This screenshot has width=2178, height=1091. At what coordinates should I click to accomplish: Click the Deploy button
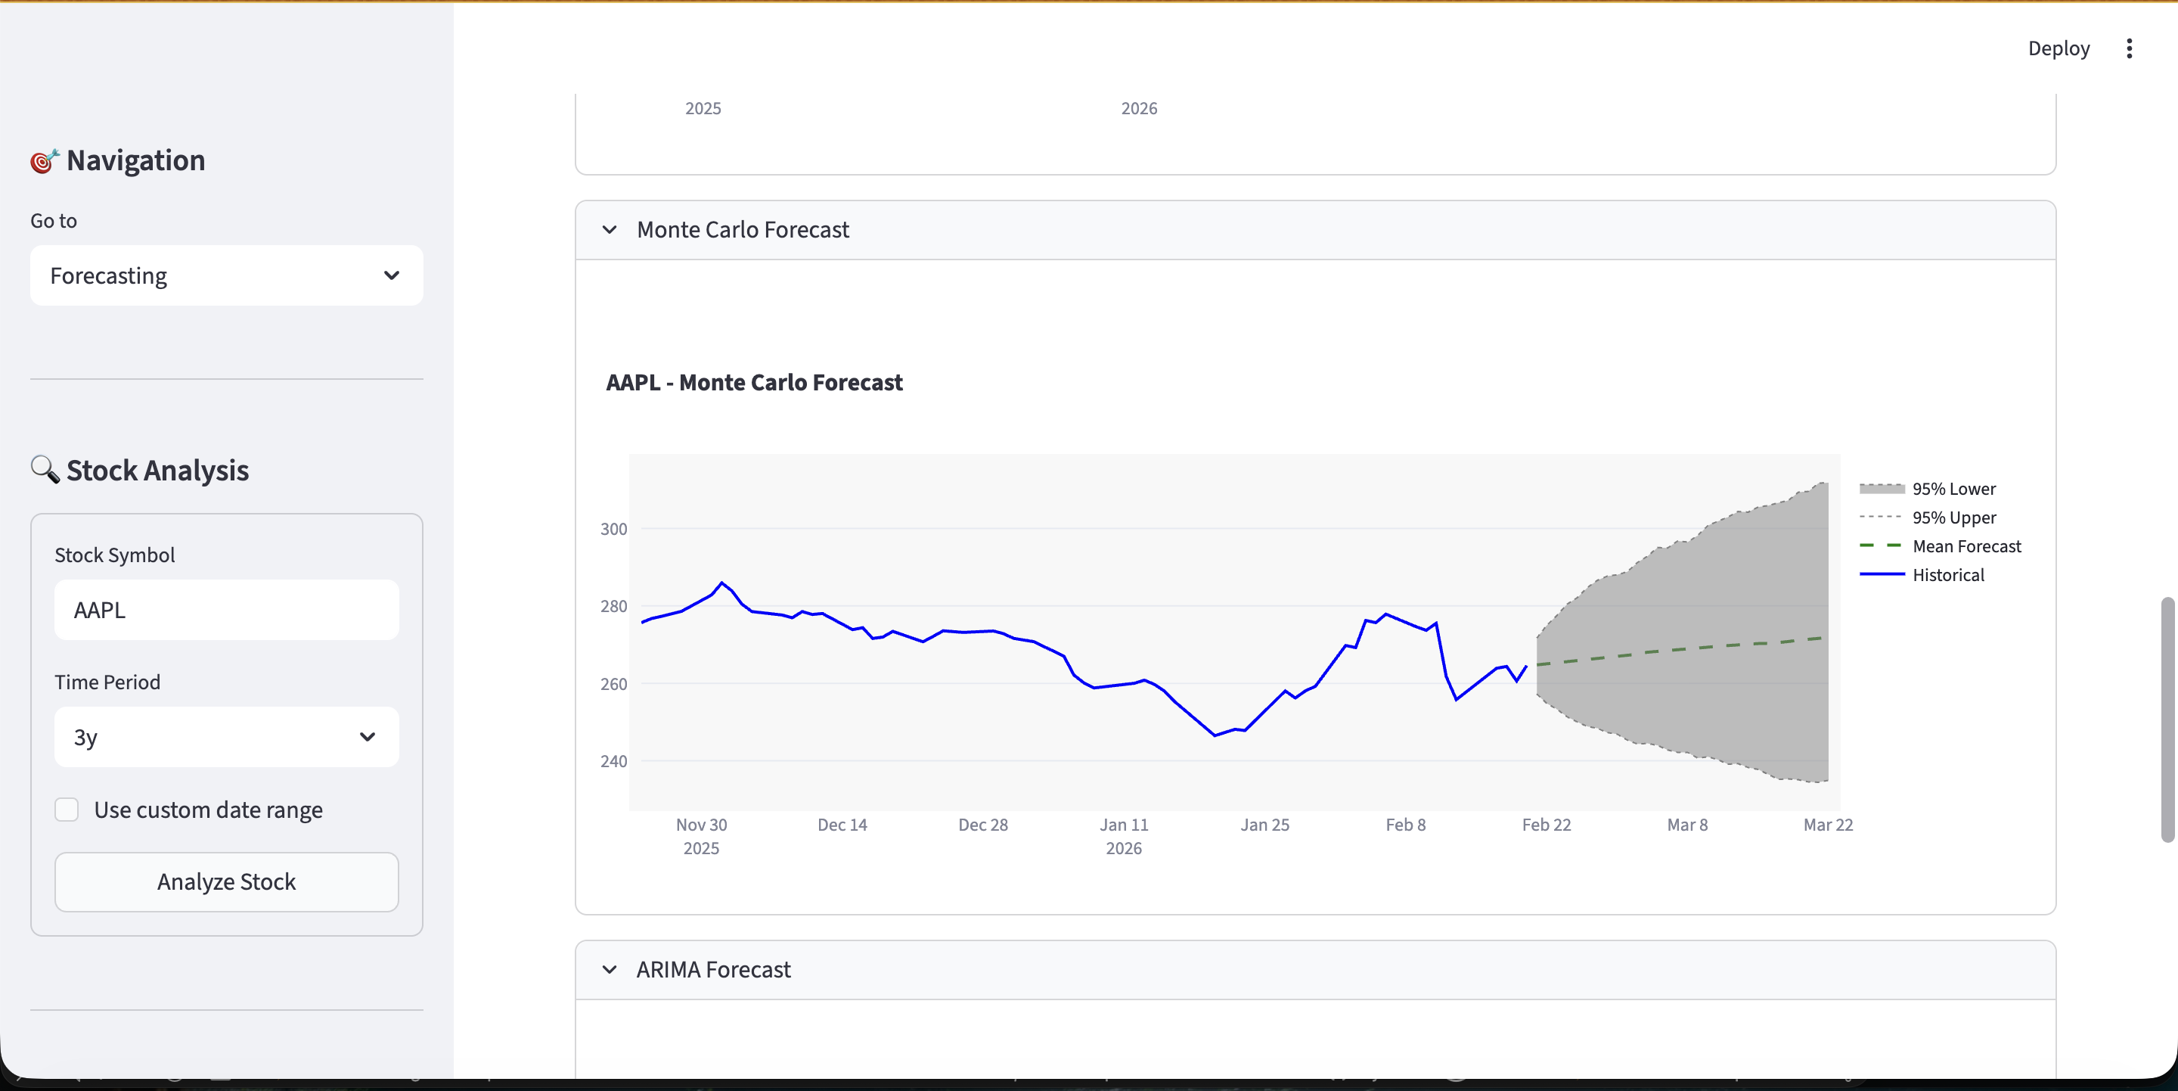point(2058,48)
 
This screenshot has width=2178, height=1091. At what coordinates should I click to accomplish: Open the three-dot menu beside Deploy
point(2129,48)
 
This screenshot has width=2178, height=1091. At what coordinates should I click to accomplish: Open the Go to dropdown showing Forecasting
point(226,275)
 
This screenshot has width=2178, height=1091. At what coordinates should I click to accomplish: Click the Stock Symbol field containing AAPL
point(226,610)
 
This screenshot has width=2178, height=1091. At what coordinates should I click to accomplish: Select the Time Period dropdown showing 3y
point(226,737)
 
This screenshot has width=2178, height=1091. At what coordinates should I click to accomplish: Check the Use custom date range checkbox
point(67,810)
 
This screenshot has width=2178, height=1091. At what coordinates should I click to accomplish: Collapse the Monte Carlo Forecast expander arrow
point(610,230)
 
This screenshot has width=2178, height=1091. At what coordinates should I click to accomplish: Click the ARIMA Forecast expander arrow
point(610,969)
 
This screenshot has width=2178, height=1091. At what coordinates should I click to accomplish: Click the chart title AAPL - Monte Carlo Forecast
point(754,383)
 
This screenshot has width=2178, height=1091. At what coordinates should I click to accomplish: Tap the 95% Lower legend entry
point(1953,489)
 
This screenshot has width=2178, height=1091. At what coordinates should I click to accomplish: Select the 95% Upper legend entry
point(1953,518)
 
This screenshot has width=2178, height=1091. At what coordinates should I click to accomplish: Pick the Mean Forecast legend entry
point(1965,546)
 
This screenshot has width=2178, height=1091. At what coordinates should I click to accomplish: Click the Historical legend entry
point(1947,575)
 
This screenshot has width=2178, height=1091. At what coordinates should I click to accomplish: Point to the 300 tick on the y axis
point(614,530)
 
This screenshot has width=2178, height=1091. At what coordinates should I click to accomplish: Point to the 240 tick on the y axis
point(614,761)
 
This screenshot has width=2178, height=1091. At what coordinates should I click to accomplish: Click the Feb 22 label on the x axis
point(1546,825)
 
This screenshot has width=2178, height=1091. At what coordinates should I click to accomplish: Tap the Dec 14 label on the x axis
point(842,825)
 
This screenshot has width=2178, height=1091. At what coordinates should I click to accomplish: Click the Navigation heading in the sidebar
point(135,160)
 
